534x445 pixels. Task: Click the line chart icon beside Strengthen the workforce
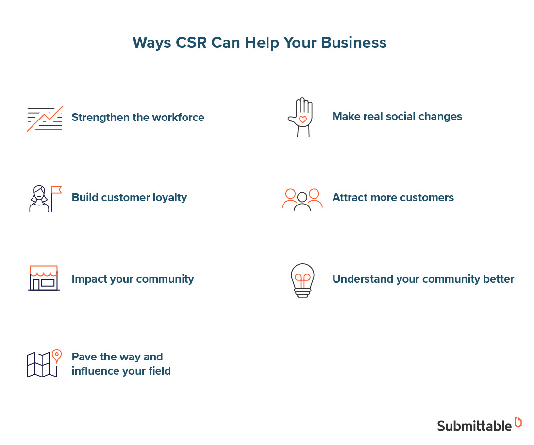(x=45, y=119)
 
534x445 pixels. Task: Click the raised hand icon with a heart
(x=300, y=117)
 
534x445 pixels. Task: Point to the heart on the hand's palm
(x=302, y=119)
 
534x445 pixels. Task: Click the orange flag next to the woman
(x=56, y=189)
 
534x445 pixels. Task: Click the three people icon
(x=302, y=199)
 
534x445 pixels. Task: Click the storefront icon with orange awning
(x=44, y=278)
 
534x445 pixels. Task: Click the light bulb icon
(x=302, y=280)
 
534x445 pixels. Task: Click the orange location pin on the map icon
(x=57, y=356)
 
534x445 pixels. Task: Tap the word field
(x=159, y=371)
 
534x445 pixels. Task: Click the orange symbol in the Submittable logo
(x=518, y=422)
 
